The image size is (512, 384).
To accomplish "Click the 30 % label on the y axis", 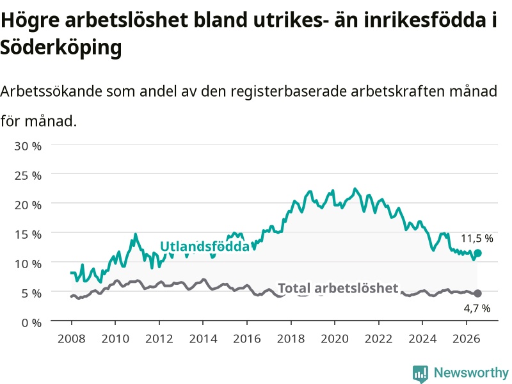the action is click(28, 146).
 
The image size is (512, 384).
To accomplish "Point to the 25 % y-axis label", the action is click(28, 175).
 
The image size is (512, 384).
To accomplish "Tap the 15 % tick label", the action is click(28, 234).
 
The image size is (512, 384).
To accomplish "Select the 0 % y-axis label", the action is click(31, 323).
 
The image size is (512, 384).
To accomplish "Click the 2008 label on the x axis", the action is click(72, 339).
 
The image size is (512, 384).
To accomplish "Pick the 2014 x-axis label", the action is click(203, 339).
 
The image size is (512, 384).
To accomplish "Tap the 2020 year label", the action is click(335, 339).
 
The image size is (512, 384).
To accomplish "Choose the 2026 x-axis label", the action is click(467, 339).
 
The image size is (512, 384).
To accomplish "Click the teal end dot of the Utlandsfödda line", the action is click(477, 253).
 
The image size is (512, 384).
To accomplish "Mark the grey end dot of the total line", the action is click(477, 293).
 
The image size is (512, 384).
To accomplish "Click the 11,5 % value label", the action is click(477, 238).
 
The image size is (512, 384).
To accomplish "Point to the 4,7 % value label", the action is click(477, 308).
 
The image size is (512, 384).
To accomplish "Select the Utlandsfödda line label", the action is click(205, 246).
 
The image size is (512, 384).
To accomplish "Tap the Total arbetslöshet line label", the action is click(339, 289).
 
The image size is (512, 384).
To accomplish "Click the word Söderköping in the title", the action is click(61, 47).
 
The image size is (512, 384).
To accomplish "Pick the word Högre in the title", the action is click(30, 20).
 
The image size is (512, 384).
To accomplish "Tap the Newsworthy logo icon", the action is click(420, 373).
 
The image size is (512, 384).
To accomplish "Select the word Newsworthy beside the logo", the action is click(471, 372).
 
